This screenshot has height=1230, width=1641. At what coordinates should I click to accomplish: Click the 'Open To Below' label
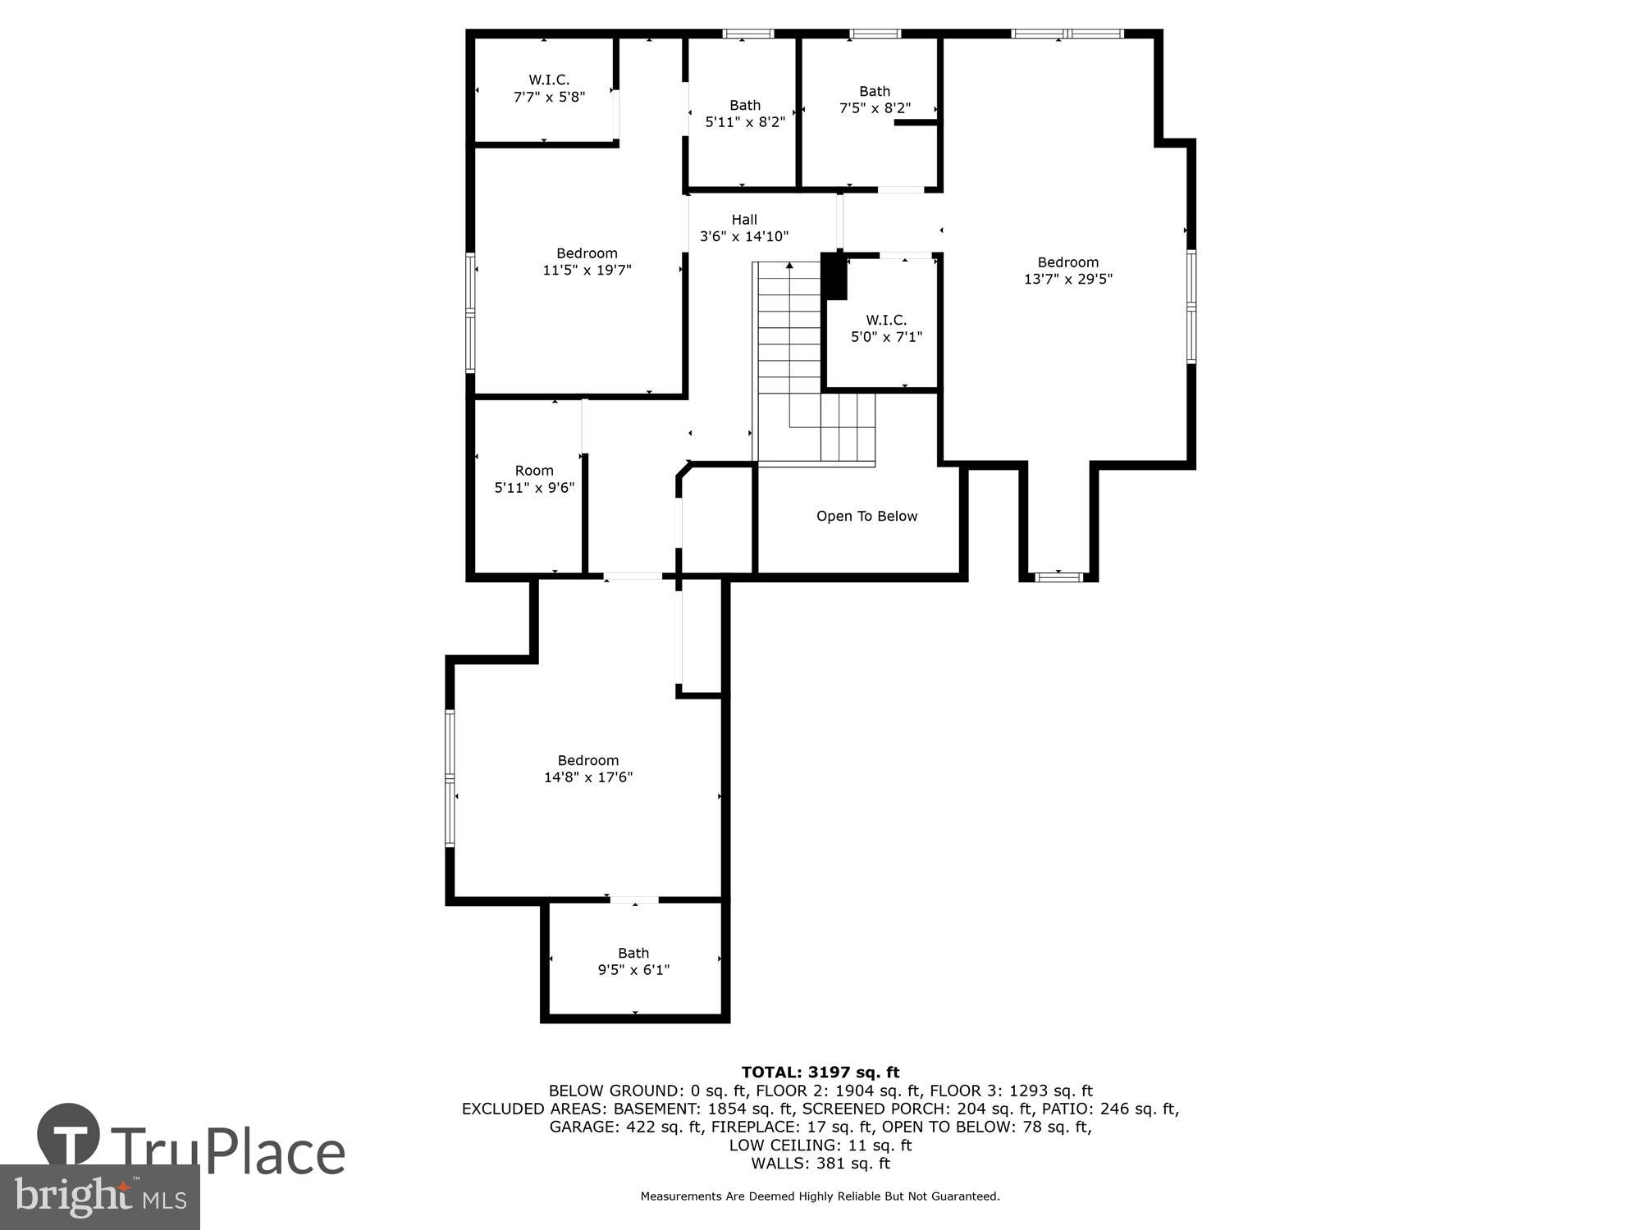[x=866, y=516]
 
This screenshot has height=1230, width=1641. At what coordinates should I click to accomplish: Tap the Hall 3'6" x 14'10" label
[x=744, y=228]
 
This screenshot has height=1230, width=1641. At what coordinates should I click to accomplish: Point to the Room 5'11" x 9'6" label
[x=534, y=479]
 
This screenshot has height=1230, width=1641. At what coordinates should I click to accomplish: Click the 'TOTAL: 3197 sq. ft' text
[x=820, y=1072]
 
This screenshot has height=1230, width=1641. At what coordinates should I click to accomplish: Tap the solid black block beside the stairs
[x=834, y=276]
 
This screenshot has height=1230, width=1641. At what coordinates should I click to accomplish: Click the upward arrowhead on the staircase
[x=789, y=266]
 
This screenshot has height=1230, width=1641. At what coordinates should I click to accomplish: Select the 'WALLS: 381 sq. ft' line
[x=820, y=1163]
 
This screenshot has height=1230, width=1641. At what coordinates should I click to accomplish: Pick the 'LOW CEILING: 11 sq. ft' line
[x=820, y=1145]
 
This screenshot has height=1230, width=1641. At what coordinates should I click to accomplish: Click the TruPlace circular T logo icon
[x=69, y=1136]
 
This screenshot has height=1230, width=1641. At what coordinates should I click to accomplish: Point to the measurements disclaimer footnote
[x=820, y=1196]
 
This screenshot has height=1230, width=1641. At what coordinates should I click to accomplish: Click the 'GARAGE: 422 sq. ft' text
[x=626, y=1127]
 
